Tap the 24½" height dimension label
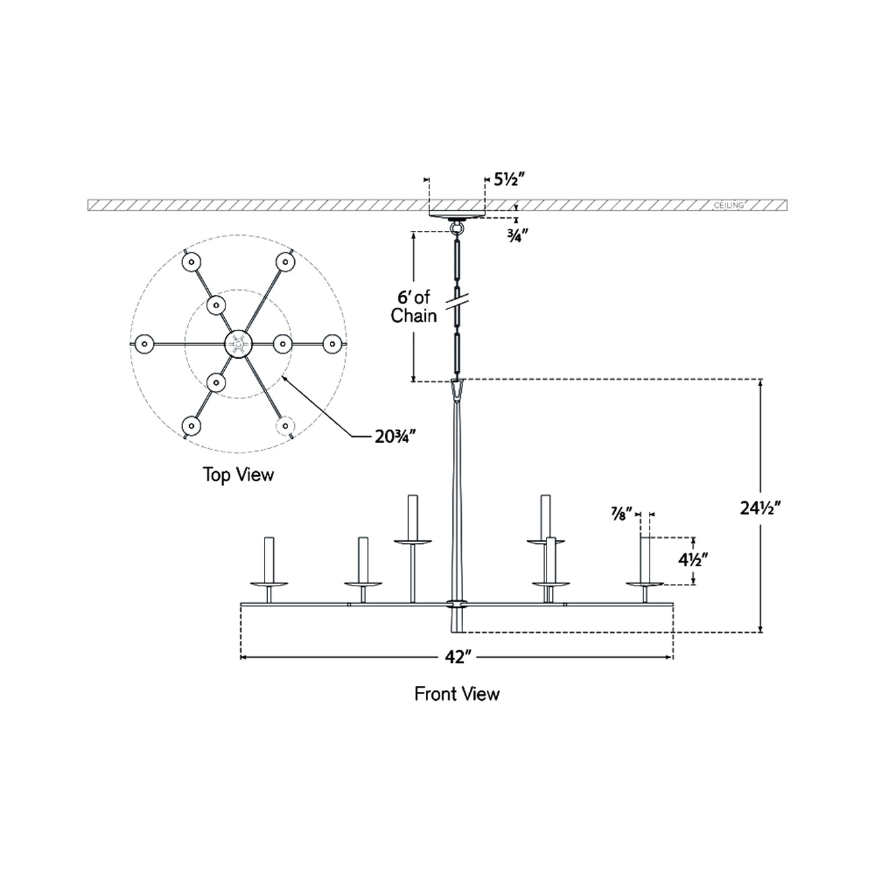click(765, 509)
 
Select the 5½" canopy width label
click(510, 179)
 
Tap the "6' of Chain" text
click(414, 306)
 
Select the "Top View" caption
click(239, 475)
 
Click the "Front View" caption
click(457, 693)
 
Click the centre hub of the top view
click(238, 343)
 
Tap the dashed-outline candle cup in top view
click(285, 425)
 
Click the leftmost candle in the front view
click(269, 560)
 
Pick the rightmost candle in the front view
click(645, 560)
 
